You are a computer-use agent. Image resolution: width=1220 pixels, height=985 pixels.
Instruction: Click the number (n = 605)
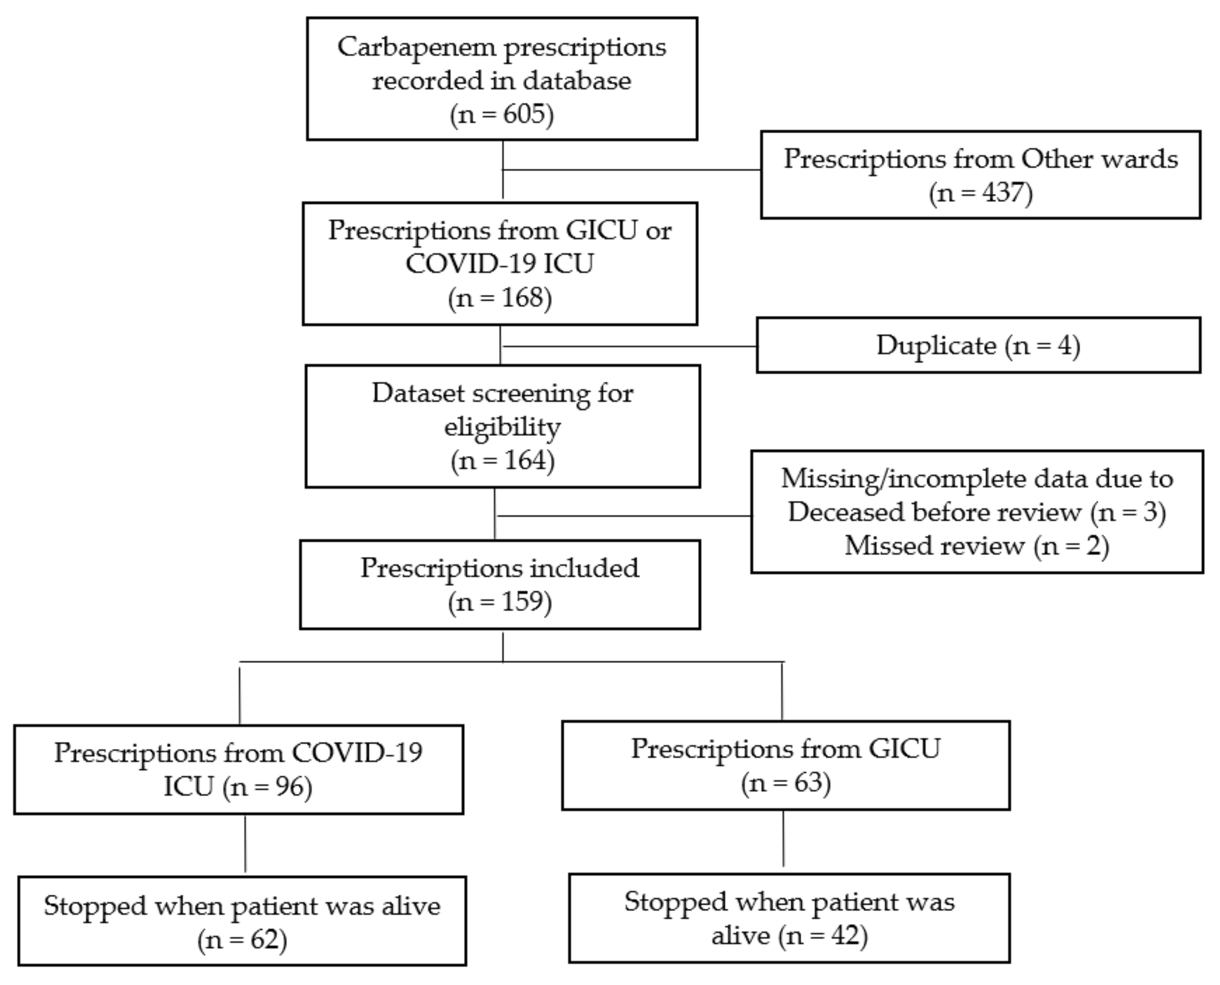click(x=502, y=114)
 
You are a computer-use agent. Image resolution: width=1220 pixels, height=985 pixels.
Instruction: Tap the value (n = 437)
click(x=981, y=193)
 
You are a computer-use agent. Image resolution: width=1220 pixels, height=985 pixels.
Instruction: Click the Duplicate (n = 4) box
click(x=978, y=345)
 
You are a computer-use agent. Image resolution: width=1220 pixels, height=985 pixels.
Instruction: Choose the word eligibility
click(x=502, y=427)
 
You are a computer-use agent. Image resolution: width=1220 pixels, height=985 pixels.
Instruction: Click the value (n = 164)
click(x=502, y=460)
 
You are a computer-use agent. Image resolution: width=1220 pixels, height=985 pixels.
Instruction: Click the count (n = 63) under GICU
click(x=785, y=783)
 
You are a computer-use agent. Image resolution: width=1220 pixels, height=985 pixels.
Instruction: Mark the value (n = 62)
click(x=242, y=940)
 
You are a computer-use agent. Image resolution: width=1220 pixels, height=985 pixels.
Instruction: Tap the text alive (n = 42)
click(x=789, y=936)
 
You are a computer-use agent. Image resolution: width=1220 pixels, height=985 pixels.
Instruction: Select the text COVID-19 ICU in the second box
click(x=499, y=264)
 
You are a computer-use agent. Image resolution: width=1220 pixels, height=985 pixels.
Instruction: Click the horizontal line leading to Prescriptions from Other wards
click(x=631, y=170)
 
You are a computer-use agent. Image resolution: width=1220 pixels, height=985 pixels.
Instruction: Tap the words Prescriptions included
click(x=499, y=568)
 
